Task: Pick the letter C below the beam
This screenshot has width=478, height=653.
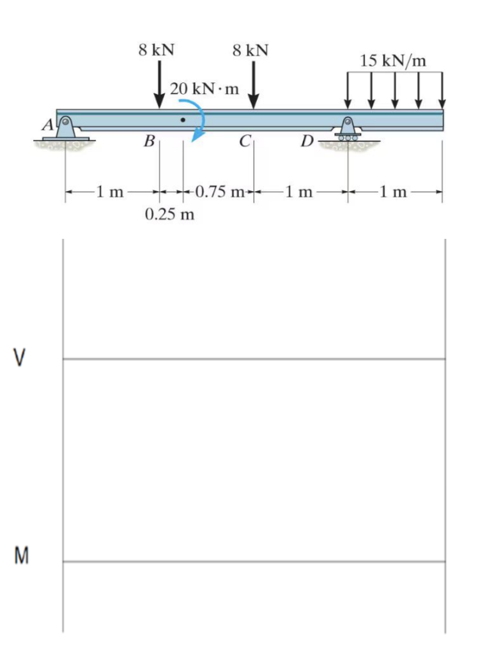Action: (x=244, y=142)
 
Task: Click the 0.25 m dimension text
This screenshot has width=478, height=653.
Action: (x=169, y=214)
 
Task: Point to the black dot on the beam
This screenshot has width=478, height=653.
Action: (x=183, y=119)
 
